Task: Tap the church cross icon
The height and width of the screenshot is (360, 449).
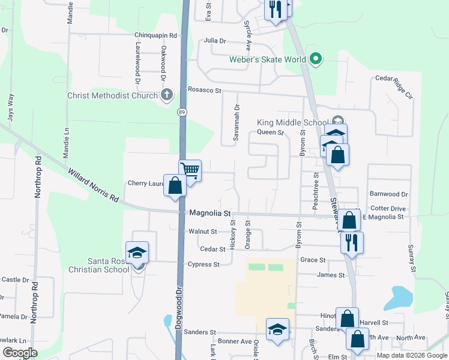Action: [x=166, y=95]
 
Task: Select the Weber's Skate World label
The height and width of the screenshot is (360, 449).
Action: [x=268, y=59]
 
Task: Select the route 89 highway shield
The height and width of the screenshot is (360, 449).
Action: [x=181, y=112]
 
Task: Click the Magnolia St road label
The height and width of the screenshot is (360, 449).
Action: [x=210, y=213]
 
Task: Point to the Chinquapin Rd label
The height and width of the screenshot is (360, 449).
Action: [x=155, y=35]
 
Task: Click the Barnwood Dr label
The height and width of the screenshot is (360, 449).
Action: [x=388, y=194]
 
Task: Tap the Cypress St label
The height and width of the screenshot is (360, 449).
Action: [x=203, y=264]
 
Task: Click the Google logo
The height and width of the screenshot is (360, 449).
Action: [x=20, y=353]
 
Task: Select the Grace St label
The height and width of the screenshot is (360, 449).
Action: [x=312, y=260]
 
